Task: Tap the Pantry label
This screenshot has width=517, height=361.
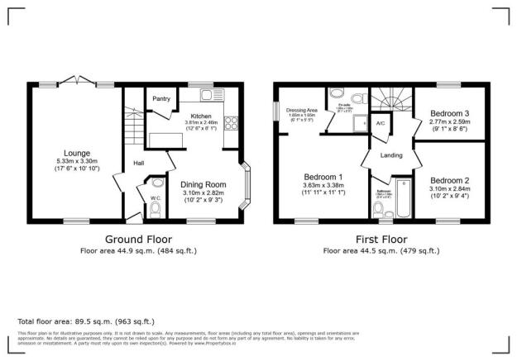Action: coord(161,100)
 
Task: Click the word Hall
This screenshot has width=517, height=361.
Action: coord(139,163)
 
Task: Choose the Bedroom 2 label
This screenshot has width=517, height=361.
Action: coord(450,180)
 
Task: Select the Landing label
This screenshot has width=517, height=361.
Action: coord(391,154)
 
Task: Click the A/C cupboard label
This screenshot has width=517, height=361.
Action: coord(381,123)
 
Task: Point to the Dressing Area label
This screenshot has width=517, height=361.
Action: coord(302,109)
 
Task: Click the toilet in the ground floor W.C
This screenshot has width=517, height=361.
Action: coord(155,211)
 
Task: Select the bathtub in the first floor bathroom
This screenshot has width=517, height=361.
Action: coord(402,199)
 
